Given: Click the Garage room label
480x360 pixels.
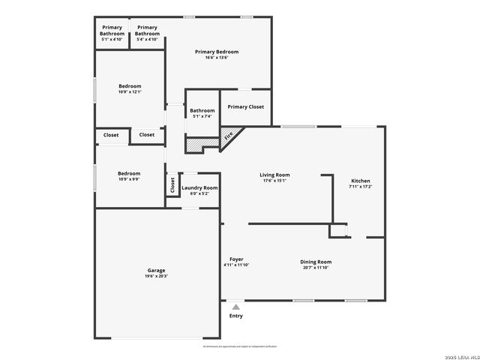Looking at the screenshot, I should coord(156,270).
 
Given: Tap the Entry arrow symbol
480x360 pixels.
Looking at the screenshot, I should coord(236,306).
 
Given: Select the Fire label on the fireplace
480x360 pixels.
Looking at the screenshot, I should coord(228,136).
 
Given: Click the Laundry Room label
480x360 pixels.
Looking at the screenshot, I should coord(199,187).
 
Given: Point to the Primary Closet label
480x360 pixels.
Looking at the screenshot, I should coord(245,107).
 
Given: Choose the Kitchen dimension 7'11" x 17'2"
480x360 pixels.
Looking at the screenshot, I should coord(361,186).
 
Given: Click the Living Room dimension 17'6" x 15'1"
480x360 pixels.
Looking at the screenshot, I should coord(275,180).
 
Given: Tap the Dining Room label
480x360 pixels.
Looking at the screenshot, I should coord(316,262).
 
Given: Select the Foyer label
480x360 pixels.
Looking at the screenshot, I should coord(236,259).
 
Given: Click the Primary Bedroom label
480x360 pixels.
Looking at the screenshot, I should coord(217,52).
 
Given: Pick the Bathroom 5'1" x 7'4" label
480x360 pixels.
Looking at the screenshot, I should coord(202,111).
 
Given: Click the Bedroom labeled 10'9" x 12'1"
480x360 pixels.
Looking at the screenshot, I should coord(130,86).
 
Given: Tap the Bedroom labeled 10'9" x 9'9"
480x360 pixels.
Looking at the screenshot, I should coord(129,173).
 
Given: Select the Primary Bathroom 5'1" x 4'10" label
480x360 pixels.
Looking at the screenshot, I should coord(112,30).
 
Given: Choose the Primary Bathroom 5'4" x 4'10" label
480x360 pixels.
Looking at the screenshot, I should coord(147,30).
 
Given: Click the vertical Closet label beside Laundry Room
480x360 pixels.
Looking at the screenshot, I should coord(172,184).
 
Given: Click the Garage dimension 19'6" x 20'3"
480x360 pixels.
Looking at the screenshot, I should coord(156,276).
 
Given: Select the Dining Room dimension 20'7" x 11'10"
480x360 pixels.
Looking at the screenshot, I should coord(316,268).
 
